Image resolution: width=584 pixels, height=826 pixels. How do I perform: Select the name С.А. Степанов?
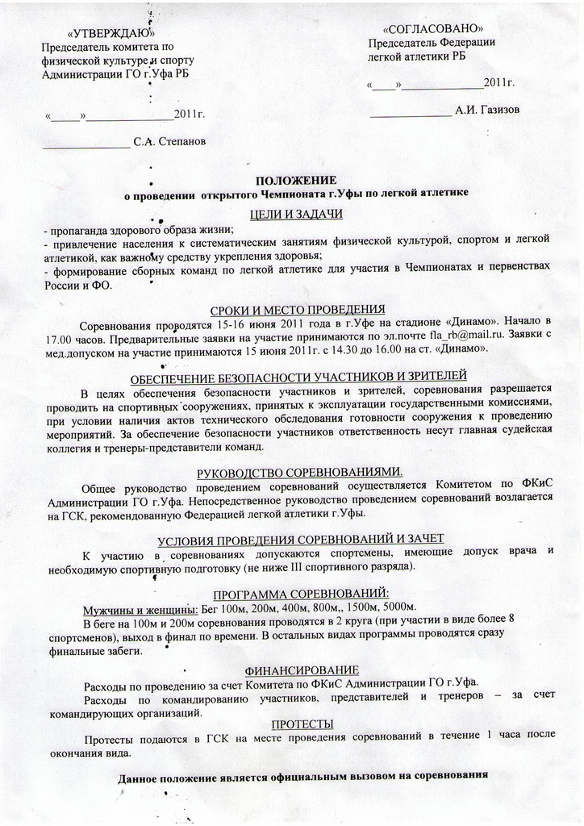click(169, 142)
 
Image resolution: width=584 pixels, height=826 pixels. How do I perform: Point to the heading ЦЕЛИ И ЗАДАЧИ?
click(296, 213)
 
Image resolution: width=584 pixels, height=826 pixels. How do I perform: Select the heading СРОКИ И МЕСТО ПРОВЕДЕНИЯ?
click(297, 310)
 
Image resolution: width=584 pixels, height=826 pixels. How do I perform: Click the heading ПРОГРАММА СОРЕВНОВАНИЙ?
click(299, 592)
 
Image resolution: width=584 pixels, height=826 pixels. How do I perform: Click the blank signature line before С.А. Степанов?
click(86, 147)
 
